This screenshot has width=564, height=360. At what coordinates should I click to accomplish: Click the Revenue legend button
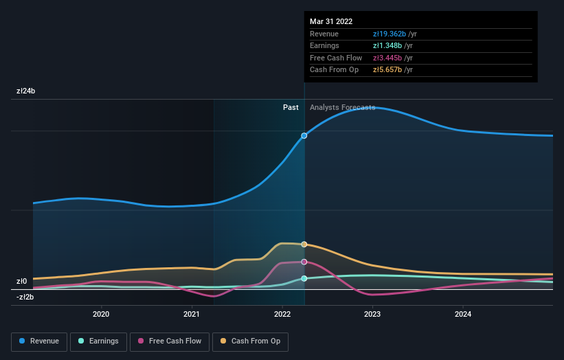pos(39,341)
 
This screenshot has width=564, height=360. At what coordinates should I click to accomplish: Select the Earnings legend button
pos(98,341)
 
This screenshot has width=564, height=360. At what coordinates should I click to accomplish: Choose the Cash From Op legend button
pos(250,341)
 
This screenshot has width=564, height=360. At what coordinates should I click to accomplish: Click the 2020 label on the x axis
pos(101,315)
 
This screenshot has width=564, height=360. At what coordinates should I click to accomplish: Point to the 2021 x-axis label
pos(192,315)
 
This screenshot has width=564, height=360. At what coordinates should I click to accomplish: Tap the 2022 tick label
pos(282,315)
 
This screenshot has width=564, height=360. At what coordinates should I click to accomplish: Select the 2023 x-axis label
pos(372,315)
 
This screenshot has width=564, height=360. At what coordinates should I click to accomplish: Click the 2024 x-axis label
pos(463,315)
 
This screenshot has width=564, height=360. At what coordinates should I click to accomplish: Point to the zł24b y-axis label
pos(26,91)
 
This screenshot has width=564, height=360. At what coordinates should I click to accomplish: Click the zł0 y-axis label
pos(21,281)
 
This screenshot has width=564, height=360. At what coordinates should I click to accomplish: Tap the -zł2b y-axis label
pos(26,297)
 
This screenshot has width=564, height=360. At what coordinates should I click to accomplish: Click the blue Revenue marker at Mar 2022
pos(304,135)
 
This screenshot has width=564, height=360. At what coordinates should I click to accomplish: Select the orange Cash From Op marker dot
pos(304,244)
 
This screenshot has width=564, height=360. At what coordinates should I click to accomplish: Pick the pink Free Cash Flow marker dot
pos(304,262)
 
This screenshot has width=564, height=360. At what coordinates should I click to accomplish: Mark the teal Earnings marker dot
pos(304,278)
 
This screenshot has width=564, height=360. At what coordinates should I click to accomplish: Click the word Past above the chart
pos(291,107)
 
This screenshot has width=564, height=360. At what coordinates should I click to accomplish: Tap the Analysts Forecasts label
pos(342,107)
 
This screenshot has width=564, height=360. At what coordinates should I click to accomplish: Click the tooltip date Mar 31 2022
pos(331,21)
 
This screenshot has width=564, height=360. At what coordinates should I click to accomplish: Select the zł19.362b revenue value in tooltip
pos(389,34)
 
